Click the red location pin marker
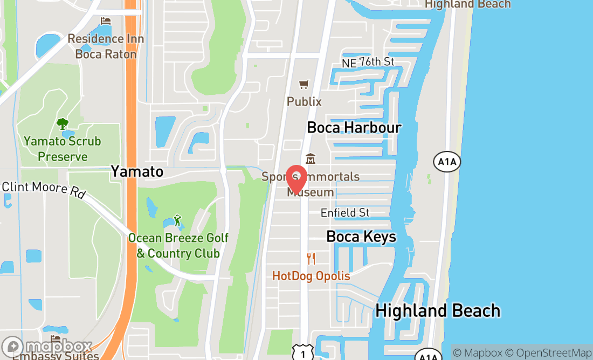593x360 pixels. click(296, 178)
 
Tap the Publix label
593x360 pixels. click(304, 101)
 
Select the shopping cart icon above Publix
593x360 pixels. click(304, 85)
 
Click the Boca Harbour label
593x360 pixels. click(354, 128)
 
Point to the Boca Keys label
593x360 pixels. click(361, 237)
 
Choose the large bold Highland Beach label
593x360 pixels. click(438, 310)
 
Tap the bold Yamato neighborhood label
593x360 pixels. click(137, 171)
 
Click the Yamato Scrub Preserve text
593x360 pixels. click(63, 149)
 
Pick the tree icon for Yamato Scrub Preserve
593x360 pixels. click(63, 124)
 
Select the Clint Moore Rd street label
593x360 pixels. click(44, 190)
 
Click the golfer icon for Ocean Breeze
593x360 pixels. click(177, 220)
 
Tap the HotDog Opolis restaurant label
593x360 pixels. click(311, 276)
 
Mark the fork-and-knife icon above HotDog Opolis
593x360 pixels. click(311, 259)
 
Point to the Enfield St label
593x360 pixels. click(345, 213)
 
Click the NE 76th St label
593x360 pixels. click(368, 63)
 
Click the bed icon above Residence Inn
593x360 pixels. click(106, 21)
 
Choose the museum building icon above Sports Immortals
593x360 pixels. click(311, 159)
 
